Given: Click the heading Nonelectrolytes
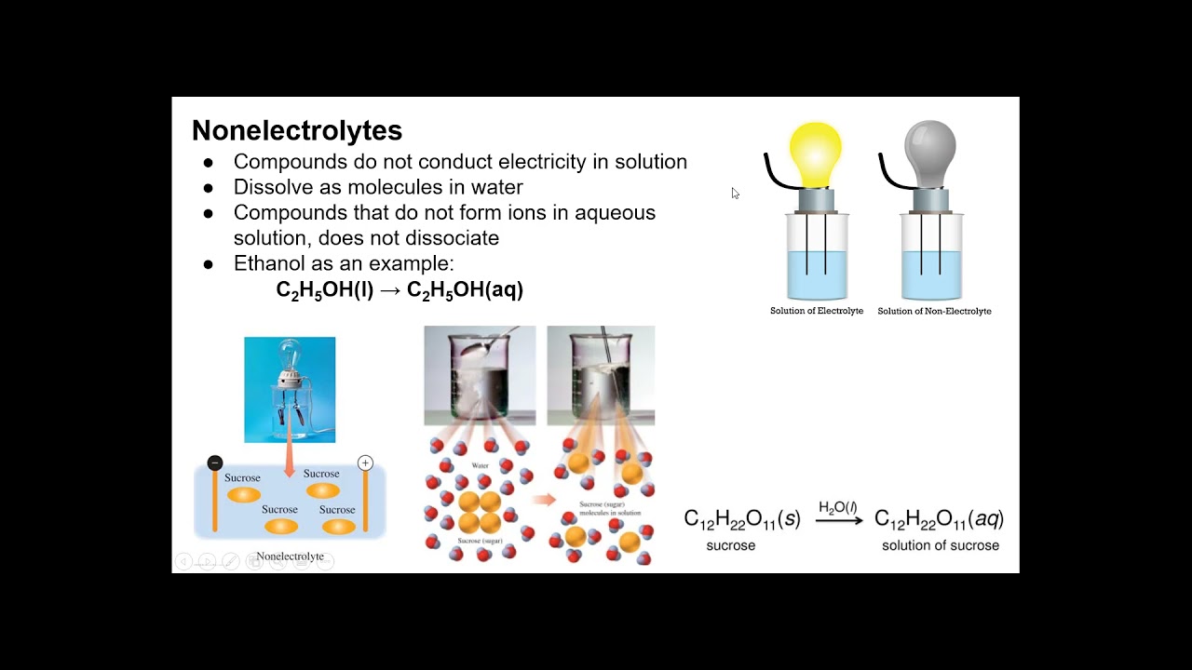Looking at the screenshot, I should click(x=296, y=130).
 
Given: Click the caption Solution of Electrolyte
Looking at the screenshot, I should click(x=817, y=311).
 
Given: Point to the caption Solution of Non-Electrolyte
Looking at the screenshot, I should click(x=934, y=311).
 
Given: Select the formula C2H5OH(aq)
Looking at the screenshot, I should click(x=465, y=289).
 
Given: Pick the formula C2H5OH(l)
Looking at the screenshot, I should click(x=324, y=289).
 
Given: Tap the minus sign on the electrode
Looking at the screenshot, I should click(x=215, y=462).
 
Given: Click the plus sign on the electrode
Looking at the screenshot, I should click(x=365, y=462).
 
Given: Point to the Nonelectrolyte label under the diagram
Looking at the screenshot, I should click(x=290, y=556).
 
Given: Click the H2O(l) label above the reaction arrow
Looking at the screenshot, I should click(x=838, y=507).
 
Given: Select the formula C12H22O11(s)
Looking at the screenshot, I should click(x=742, y=519).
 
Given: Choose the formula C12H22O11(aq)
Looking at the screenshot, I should click(x=939, y=519).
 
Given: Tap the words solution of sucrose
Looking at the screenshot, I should click(x=941, y=545).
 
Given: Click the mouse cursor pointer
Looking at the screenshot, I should click(x=735, y=193).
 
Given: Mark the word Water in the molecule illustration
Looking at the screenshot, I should click(x=480, y=465).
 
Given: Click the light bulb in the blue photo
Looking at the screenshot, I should click(x=290, y=358).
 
